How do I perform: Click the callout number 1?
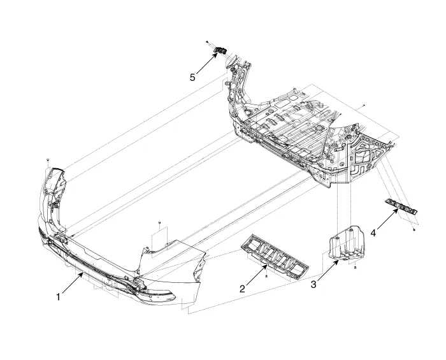pyautogui.click(x=59, y=297)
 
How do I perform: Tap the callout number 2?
pyautogui.click(x=242, y=289)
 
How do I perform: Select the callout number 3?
pyautogui.click(x=313, y=284)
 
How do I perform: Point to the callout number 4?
pyautogui.click(x=373, y=233)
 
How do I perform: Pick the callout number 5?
pyautogui.click(x=192, y=77)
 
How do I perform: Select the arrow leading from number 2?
pyautogui.click(x=257, y=275)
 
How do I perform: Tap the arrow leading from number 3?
pyautogui.click(x=328, y=271)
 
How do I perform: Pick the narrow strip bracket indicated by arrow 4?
pyautogui.click(x=401, y=206)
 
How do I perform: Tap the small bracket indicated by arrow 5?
pyautogui.click(x=220, y=50)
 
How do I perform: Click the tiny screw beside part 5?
pyautogui.click(x=208, y=42)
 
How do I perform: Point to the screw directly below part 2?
pyautogui.click(x=266, y=276)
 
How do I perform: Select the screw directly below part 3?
pyautogui.click(x=356, y=268)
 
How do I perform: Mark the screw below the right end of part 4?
pyautogui.click(x=414, y=229)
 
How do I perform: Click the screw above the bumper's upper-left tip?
pyautogui.click(x=48, y=160)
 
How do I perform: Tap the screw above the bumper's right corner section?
pyautogui.click(x=159, y=222)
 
